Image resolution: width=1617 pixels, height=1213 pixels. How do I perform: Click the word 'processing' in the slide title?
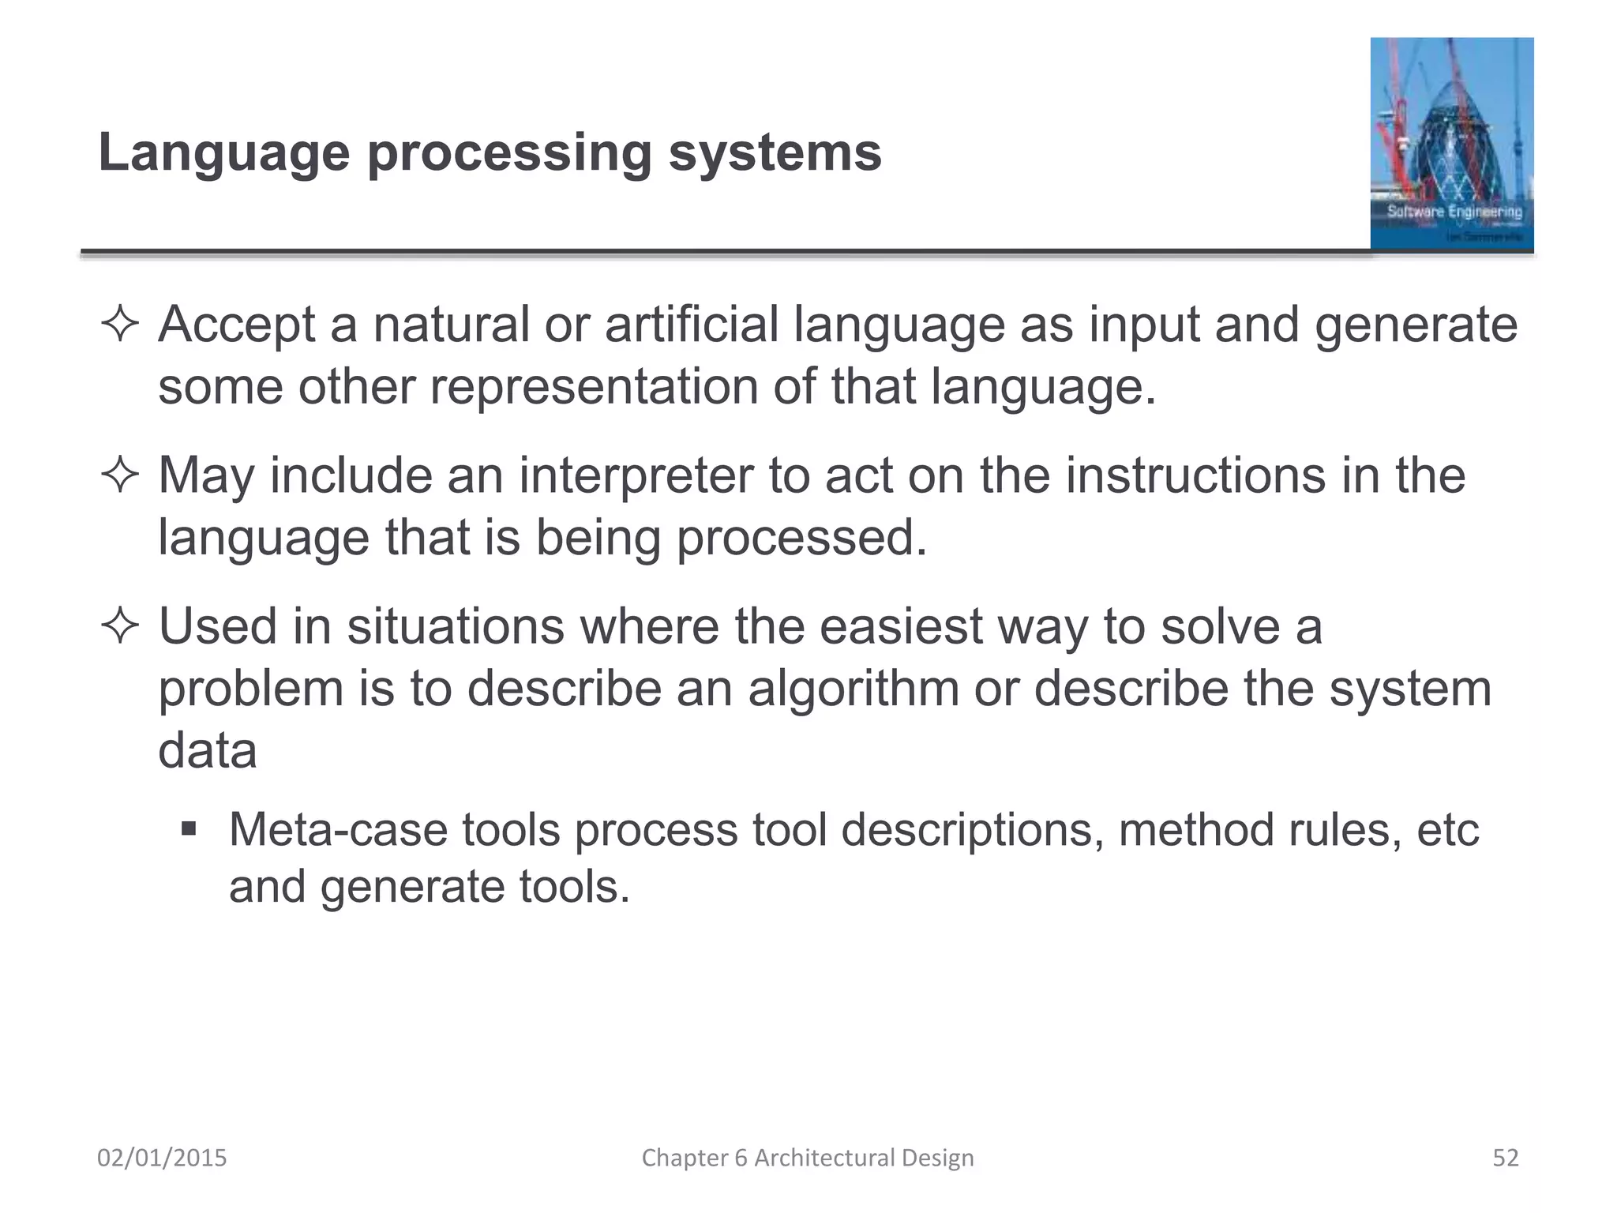508,153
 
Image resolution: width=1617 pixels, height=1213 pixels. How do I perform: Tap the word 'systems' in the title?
775,153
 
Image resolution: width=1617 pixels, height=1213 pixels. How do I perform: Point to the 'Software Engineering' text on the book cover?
1454,212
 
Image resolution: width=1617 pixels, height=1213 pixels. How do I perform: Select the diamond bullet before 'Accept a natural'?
120,325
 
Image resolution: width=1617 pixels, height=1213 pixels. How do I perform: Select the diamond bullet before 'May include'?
120,476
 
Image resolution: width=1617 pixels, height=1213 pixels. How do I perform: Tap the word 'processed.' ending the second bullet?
801,538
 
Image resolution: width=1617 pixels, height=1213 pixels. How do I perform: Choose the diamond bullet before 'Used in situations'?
120,627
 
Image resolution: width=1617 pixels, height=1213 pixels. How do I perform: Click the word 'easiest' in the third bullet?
900,626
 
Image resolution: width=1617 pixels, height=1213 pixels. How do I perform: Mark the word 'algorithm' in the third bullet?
853,689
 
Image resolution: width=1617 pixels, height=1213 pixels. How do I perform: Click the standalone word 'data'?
208,750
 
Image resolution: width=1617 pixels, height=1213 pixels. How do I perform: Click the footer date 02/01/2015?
162,1158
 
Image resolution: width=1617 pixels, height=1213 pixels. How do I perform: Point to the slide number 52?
1505,1158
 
